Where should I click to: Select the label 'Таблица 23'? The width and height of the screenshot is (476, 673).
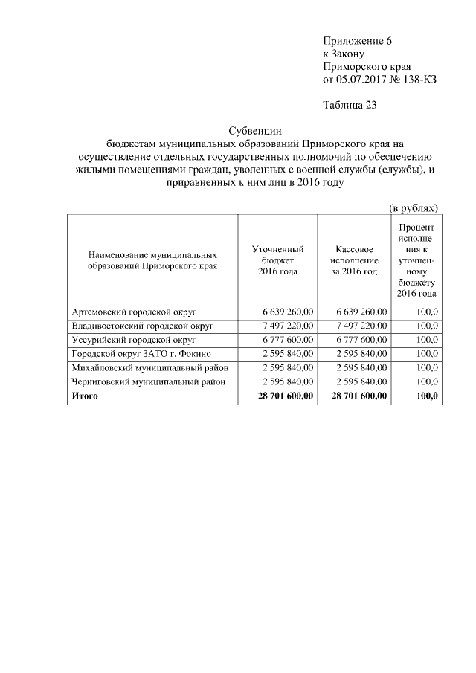pos(350,105)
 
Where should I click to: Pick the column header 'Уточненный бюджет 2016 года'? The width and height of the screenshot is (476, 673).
pos(277,260)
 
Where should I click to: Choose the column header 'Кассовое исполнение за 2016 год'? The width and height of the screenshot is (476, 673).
pos(353,260)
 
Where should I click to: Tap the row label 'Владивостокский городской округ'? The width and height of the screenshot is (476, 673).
pos(142,326)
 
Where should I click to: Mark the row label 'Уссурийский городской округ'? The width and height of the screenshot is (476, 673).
pos(132,340)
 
